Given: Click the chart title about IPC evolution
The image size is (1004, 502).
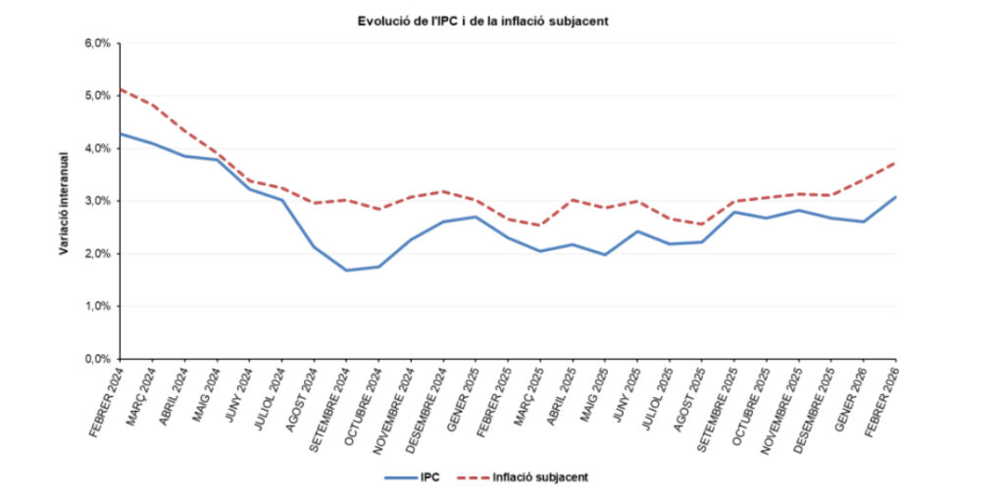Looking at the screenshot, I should tap(483, 21).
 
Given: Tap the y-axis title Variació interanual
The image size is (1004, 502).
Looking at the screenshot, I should tap(63, 203).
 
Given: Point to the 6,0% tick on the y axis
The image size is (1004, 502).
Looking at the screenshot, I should tap(98, 43).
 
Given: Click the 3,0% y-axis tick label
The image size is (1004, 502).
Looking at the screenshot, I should tap(98, 201).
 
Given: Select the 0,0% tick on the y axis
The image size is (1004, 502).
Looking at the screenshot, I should tap(98, 359).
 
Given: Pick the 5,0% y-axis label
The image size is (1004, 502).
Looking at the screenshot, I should tap(98, 96).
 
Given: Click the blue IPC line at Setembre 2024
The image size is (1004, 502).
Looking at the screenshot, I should tap(346, 270).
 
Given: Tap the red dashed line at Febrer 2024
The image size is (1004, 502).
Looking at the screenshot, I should tap(120, 89).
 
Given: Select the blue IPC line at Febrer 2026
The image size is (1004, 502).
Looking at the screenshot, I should tap(895, 197).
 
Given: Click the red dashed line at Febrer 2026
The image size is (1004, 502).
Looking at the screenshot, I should tap(895, 163).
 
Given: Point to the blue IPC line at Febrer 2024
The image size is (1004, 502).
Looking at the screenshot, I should tap(120, 133).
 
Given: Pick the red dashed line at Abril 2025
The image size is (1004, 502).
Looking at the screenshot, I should tap(573, 200).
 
